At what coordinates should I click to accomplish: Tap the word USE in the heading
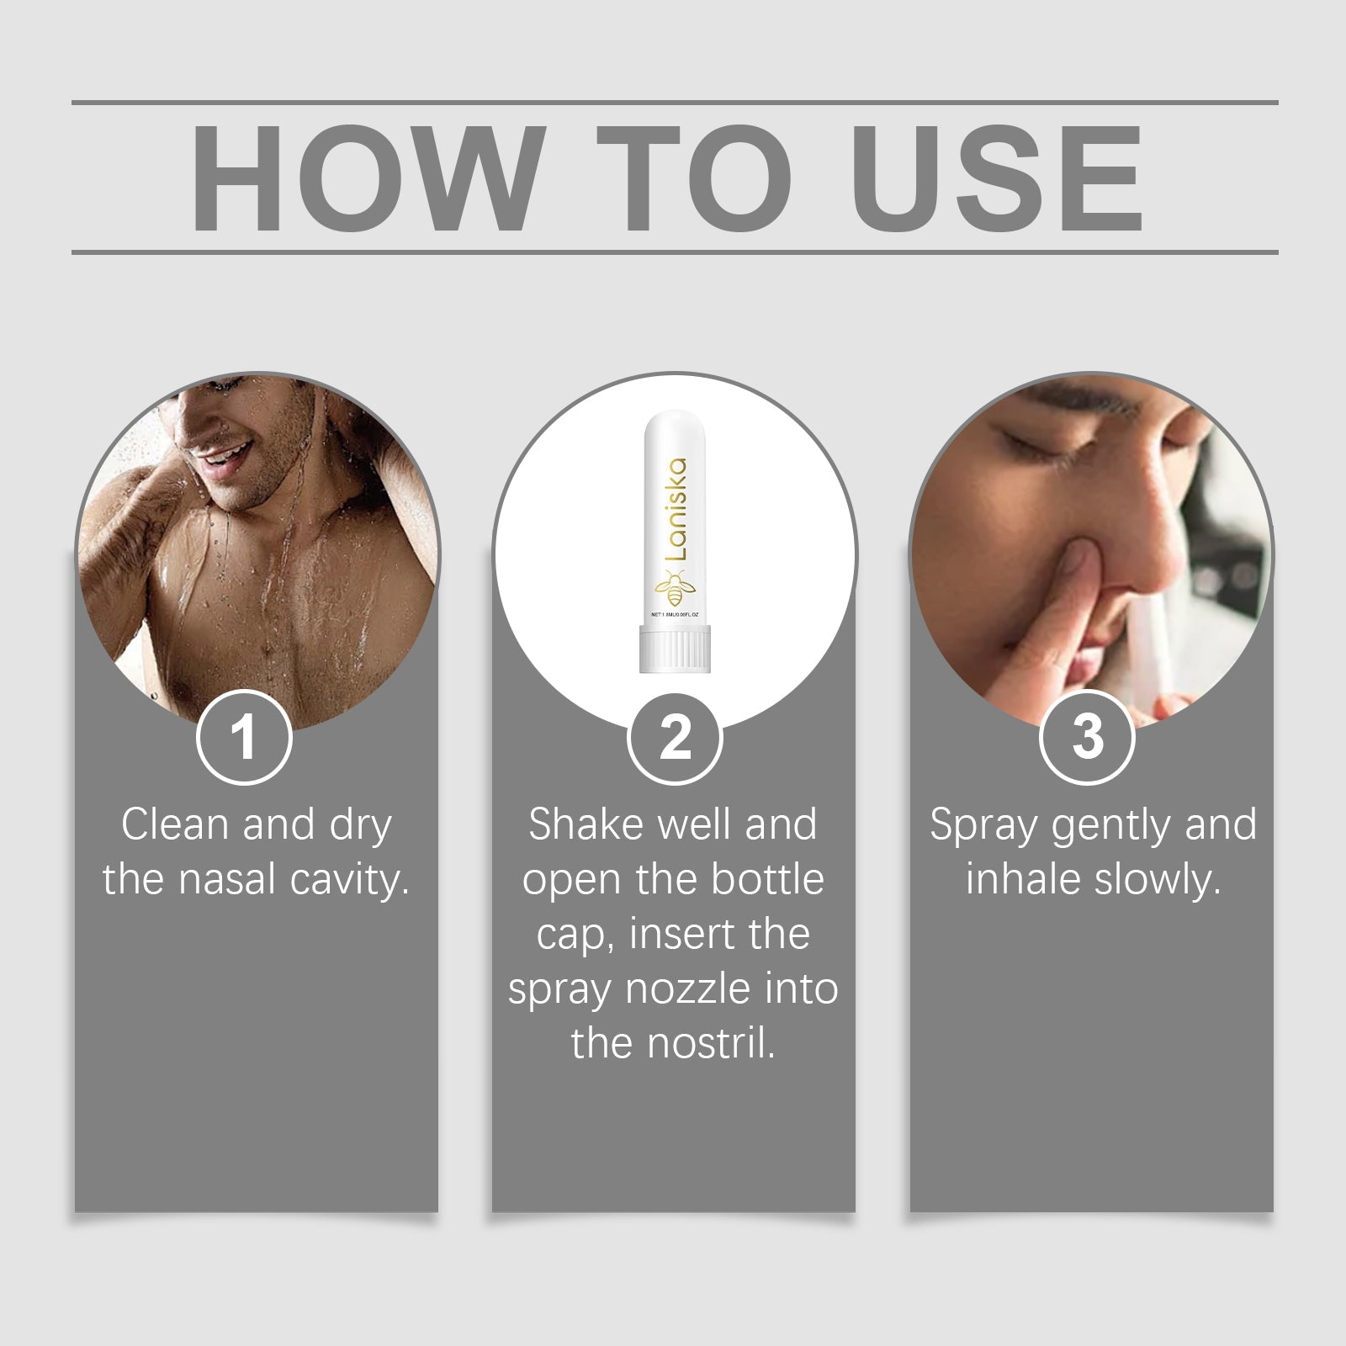coord(999,178)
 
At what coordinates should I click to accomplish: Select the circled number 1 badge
coord(244,738)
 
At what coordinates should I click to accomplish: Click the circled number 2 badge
coord(674,738)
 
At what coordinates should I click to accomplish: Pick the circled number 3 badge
coord(1087,738)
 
